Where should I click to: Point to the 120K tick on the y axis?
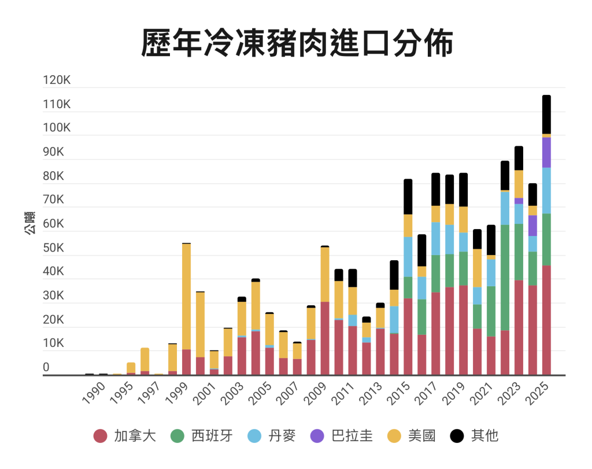(x=57, y=81)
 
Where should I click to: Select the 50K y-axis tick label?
(x=57, y=248)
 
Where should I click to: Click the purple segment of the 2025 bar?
(x=546, y=152)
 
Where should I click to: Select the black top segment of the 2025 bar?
(x=546, y=115)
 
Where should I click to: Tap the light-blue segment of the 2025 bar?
(x=546, y=190)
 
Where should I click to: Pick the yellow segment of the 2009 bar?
(x=325, y=274)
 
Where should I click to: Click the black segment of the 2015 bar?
(x=408, y=197)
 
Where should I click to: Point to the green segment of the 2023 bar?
(x=519, y=252)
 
